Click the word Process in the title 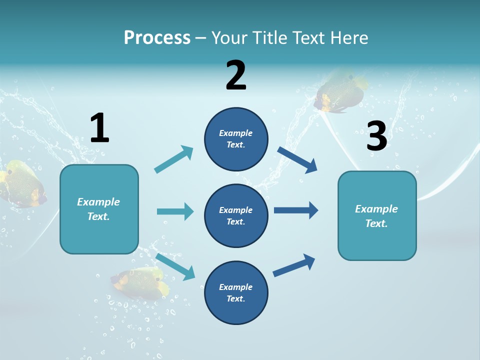click(x=157, y=38)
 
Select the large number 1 click(x=99, y=128)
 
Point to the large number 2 click(x=236, y=75)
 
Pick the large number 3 click(x=377, y=136)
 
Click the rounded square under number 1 click(x=99, y=209)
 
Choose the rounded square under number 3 click(x=377, y=215)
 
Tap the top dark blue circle click(x=236, y=139)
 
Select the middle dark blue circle click(x=236, y=215)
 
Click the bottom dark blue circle click(x=236, y=292)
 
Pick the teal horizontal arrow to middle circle click(x=175, y=211)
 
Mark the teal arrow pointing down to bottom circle click(x=175, y=266)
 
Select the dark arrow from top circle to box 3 click(x=297, y=160)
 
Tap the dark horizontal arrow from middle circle click(x=295, y=210)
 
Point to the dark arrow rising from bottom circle click(x=294, y=265)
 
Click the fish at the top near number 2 click(x=341, y=93)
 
